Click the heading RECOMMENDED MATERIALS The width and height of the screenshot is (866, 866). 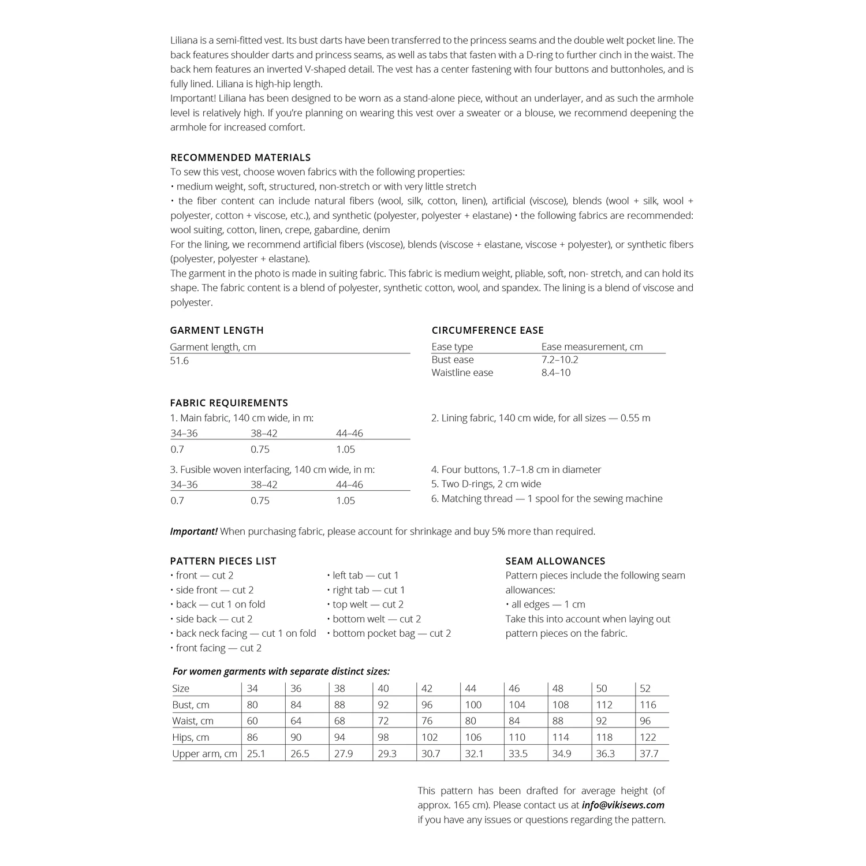[240, 158]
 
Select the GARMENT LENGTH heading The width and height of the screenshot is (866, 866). [216, 330]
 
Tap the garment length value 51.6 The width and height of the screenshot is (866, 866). [180, 361]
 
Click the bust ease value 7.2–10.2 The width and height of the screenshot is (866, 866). [559, 360]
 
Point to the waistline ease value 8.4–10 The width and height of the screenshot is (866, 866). [555, 373]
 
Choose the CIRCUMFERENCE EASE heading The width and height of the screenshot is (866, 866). [487, 330]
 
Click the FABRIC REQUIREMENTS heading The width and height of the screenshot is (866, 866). [229, 403]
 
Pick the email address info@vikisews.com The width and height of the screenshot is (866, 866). [623, 805]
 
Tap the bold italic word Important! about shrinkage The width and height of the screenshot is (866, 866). [193, 531]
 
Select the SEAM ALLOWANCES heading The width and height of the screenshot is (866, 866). [555, 561]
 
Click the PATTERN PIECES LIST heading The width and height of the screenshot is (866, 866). [223, 561]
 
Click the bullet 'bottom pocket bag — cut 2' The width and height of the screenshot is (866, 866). [391, 633]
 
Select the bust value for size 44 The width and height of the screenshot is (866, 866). [473, 705]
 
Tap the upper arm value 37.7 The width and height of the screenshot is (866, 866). [649, 753]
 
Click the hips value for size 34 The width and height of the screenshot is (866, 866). [252, 737]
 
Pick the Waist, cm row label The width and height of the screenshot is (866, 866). [193, 721]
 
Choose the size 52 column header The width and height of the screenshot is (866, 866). [645, 688]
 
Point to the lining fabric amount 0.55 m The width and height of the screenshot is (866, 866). [635, 418]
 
